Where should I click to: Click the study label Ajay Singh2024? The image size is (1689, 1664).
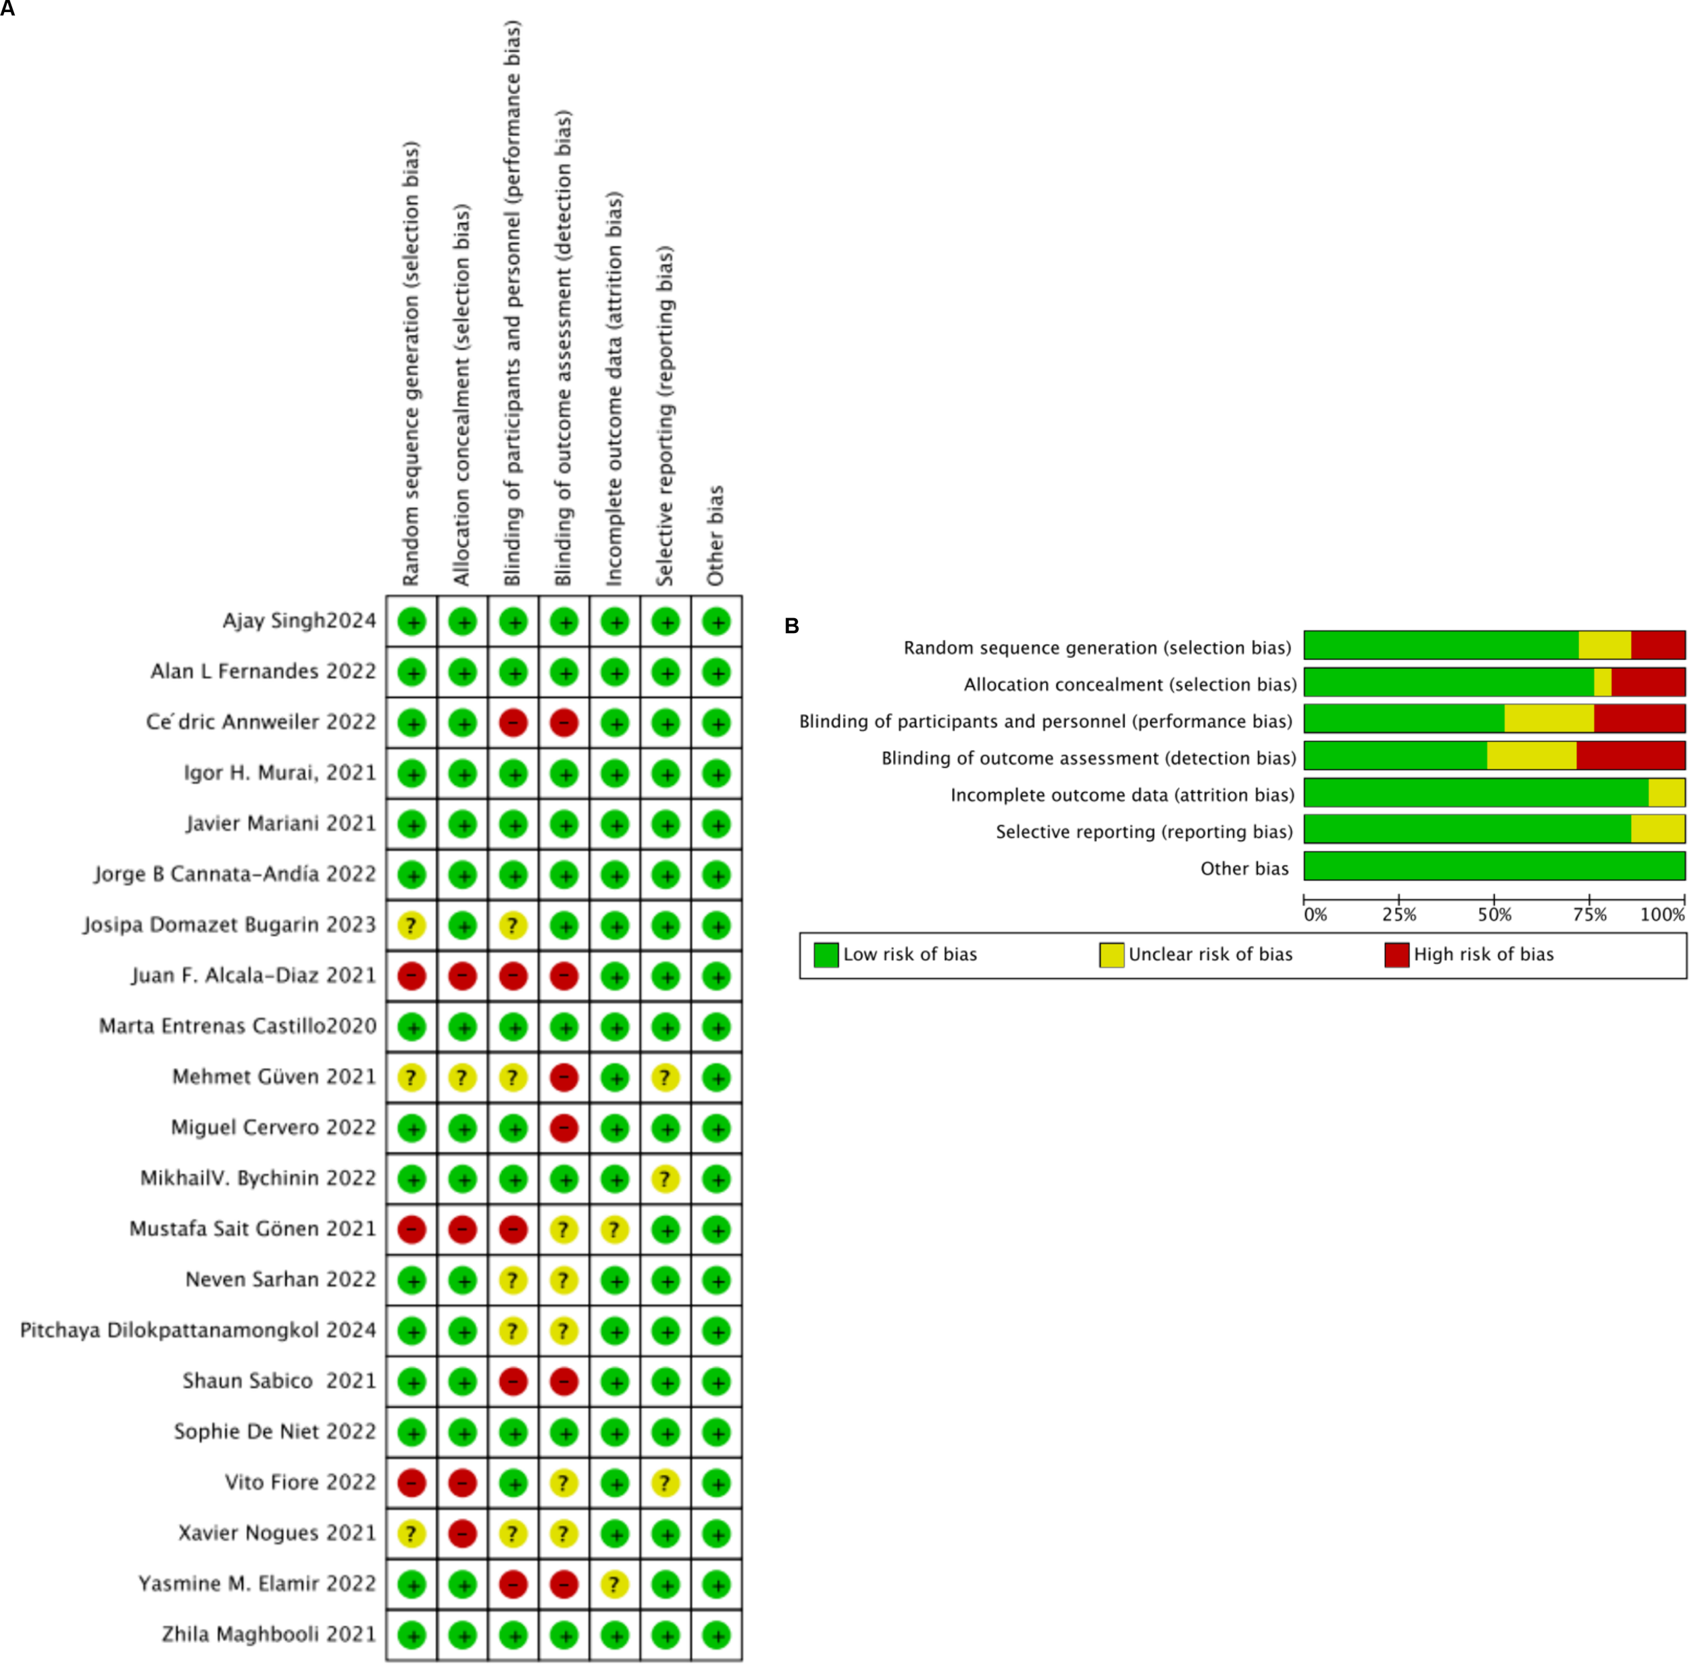click(x=299, y=620)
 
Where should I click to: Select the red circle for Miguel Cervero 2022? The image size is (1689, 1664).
click(x=563, y=1128)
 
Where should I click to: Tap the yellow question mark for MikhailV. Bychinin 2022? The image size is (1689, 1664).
click(x=665, y=1179)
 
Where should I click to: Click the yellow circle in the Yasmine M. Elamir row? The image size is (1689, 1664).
click(x=614, y=1584)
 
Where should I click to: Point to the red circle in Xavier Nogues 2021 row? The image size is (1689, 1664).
click(x=462, y=1534)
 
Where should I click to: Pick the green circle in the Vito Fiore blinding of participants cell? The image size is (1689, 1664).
click(x=513, y=1483)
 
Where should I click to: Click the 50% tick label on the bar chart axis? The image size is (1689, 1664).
click(x=1494, y=915)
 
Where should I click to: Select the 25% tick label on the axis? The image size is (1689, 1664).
click(x=1399, y=915)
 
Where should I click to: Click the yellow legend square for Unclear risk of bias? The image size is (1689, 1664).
click(x=1111, y=955)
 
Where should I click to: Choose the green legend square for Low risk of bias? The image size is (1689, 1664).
click(x=826, y=955)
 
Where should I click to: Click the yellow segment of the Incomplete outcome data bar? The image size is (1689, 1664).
click(x=1666, y=792)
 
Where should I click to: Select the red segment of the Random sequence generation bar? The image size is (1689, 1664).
click(x=1657, y=645)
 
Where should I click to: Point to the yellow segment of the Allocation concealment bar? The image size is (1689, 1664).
click(x=1603, y=682)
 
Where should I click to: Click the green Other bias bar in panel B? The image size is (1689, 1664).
click(x=1494, y=866)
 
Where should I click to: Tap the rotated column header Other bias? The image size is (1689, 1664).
click(x=715, y=535)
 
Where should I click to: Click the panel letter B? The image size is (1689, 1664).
click(x=792, y=626)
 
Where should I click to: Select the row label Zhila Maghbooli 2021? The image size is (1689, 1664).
click(x=268, y=1634)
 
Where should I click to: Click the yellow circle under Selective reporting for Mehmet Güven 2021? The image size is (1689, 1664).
click(x=665, y=1078)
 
